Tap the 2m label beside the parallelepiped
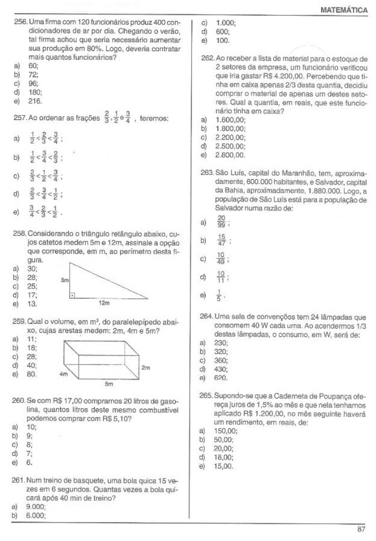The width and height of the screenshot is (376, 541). [x=146, y=366]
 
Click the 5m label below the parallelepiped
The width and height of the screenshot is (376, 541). [x=108, y=384]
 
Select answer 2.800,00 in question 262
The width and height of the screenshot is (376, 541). [x=231, y=155]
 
